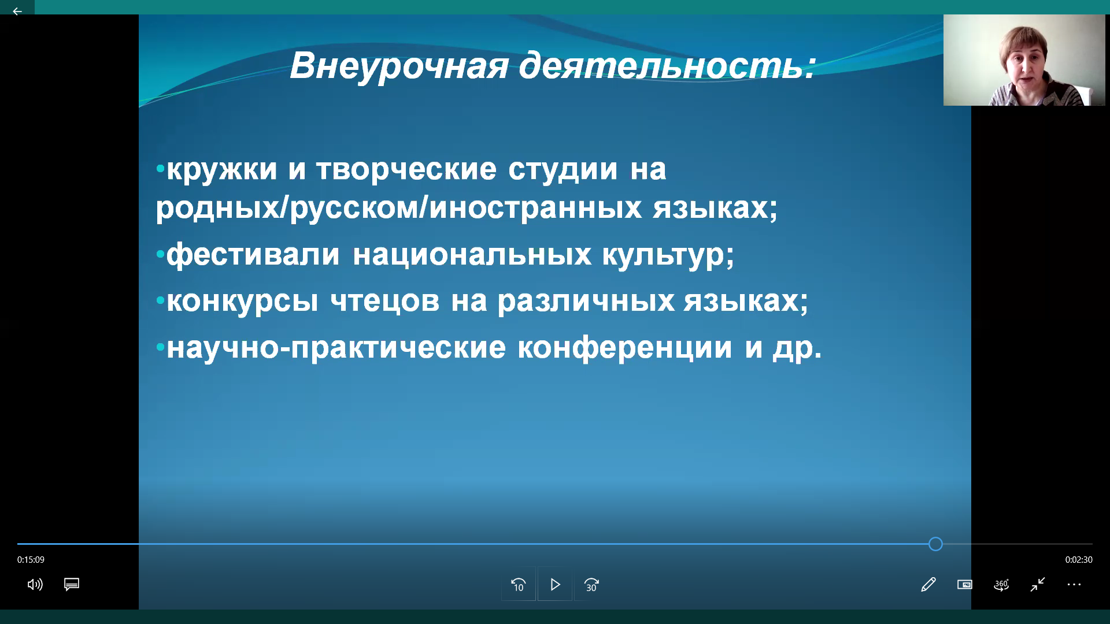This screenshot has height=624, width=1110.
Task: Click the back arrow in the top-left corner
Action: [x=17, y=12]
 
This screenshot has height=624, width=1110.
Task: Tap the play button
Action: [x=555, y=585]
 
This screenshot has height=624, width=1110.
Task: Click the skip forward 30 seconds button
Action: [x=591, y=585]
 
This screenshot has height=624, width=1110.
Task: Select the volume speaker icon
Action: [x=35, y=585]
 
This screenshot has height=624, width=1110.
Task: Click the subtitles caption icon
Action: [x=72, y=585]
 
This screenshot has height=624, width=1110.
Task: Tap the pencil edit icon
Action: [x=928, y=585]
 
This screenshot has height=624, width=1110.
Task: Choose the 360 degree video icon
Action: [x=1001, y=585]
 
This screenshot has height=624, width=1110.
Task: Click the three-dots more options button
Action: [x=1074, y=585]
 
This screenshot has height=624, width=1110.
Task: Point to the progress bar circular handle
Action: [x=935, y=544]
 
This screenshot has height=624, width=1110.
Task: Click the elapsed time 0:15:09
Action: [x=31, y=560]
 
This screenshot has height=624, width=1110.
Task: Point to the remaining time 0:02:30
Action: [x=1079, y=560]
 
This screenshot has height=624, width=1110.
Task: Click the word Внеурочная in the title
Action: [x=399, y=66]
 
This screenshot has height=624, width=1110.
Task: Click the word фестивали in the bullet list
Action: [x=253, y=255]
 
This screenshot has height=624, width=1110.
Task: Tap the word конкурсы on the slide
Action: [x=242, y=302]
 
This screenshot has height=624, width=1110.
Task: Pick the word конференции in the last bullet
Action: [x=624, y=348]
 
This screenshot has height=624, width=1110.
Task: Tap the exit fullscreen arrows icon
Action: [x=1038, y=585]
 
